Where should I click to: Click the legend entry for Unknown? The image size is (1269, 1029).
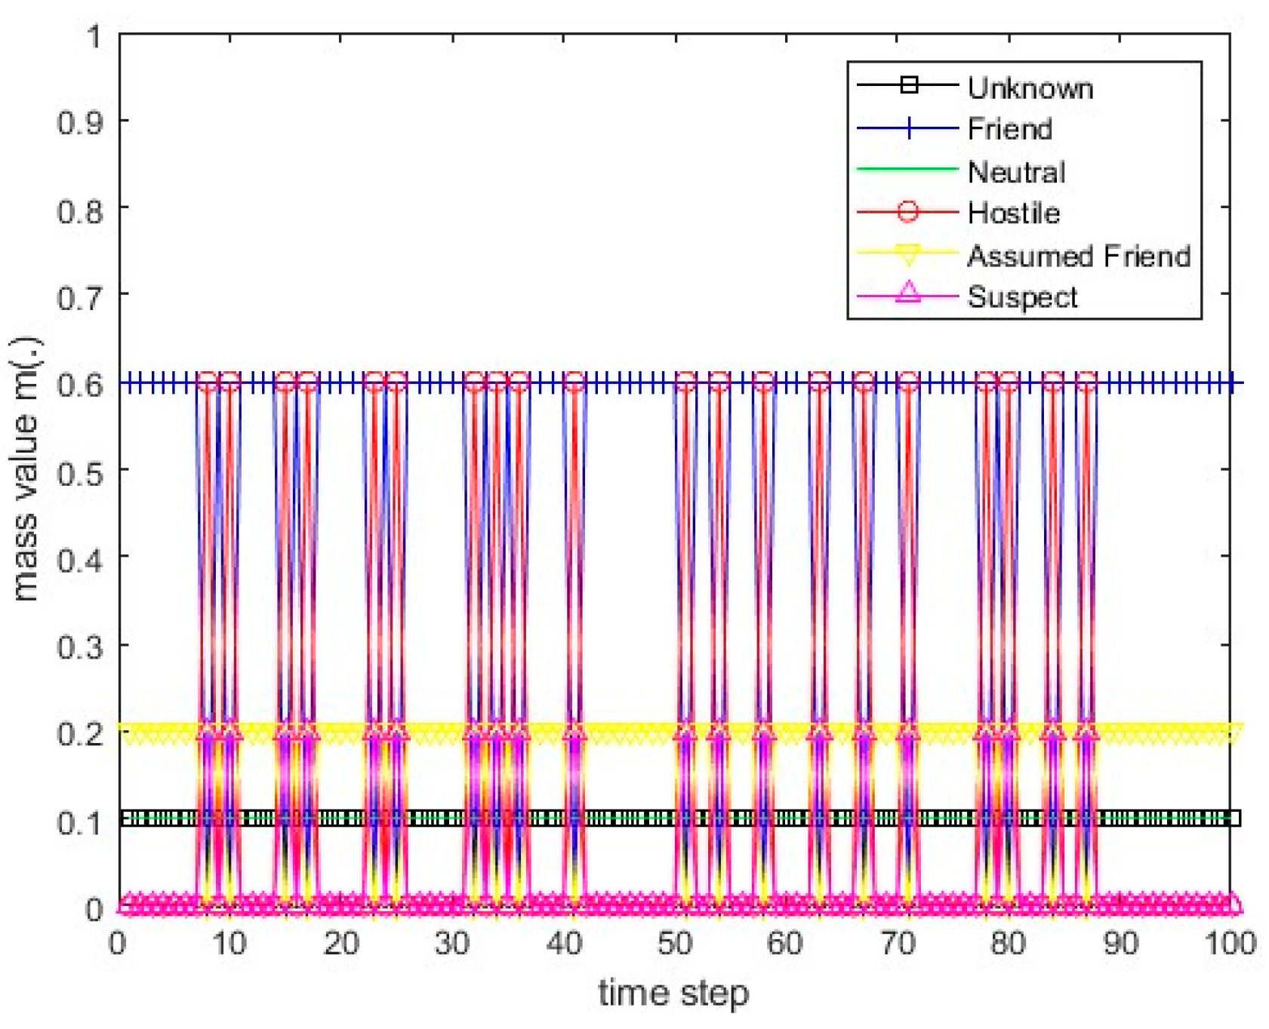[1030, 88]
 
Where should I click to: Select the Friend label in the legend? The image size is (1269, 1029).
[1009, 129]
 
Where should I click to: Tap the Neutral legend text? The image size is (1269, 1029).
[1016, 172]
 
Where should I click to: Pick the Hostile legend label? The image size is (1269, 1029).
[1013, 213]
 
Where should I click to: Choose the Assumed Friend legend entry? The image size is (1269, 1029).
[1078, 256]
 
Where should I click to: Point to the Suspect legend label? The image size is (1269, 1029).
[1022, 297]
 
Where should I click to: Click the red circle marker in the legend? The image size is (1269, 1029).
[908, 212]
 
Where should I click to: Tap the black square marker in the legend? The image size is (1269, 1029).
[909, 84]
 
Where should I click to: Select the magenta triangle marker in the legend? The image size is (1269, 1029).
[908, 293]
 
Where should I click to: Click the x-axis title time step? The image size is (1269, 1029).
[673, 993]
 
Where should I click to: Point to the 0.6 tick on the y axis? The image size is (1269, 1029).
[81, 384]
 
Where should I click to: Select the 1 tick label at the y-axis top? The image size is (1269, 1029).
[94, 35]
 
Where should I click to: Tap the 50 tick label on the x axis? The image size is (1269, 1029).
[674, 943]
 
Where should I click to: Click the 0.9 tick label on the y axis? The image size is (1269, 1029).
[81, 122]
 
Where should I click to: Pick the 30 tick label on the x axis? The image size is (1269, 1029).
[451, 943]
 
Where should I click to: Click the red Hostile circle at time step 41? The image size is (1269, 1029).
[574, 382]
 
